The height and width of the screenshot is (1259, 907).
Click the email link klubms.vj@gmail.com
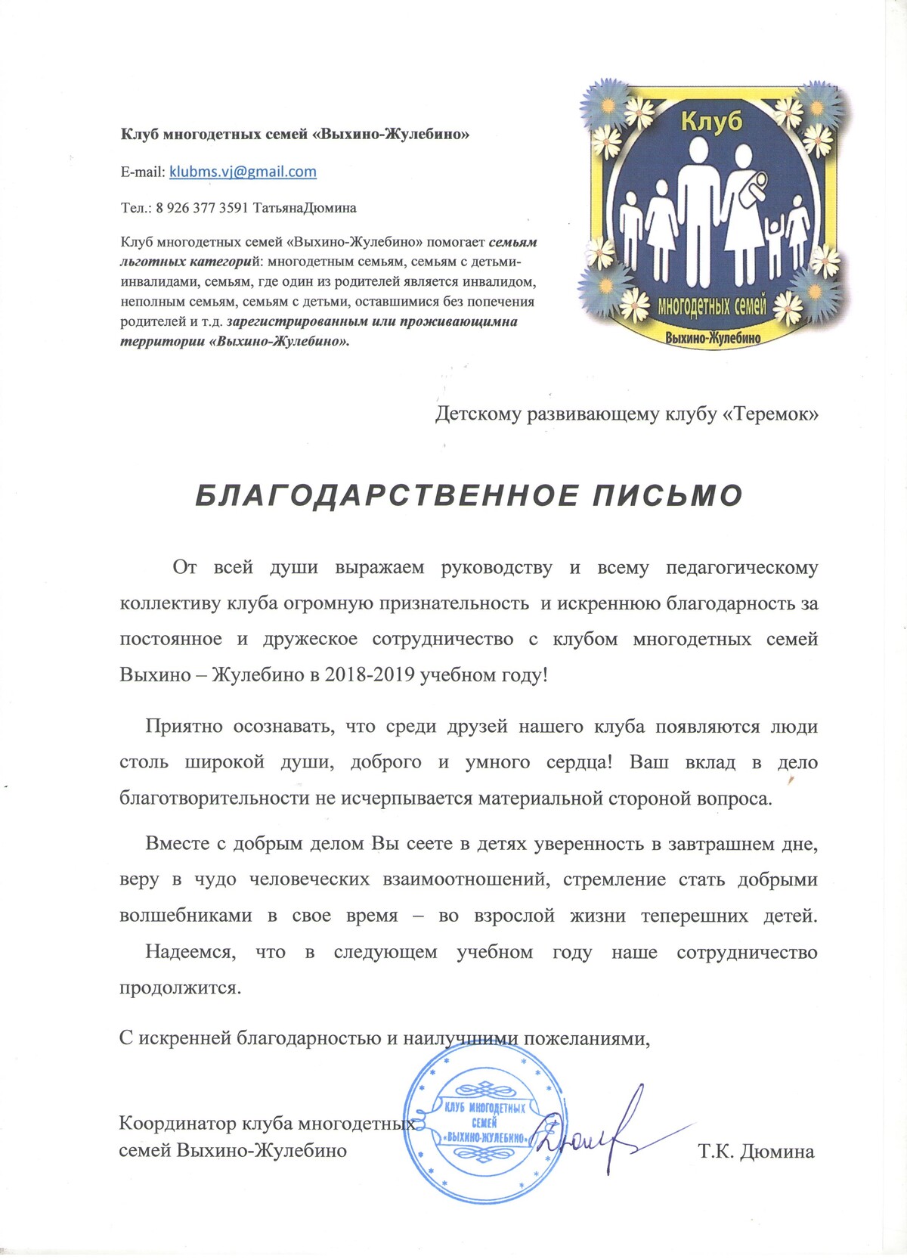[243, 172]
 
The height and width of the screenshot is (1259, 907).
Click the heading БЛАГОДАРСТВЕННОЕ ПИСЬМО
[469, 495]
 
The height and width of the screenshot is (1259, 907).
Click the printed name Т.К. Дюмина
[756, 1152]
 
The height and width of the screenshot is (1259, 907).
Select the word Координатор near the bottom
[178, 1123]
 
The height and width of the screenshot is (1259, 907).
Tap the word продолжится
[180, 988]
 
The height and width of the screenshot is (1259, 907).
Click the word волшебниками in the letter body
[186, 916]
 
